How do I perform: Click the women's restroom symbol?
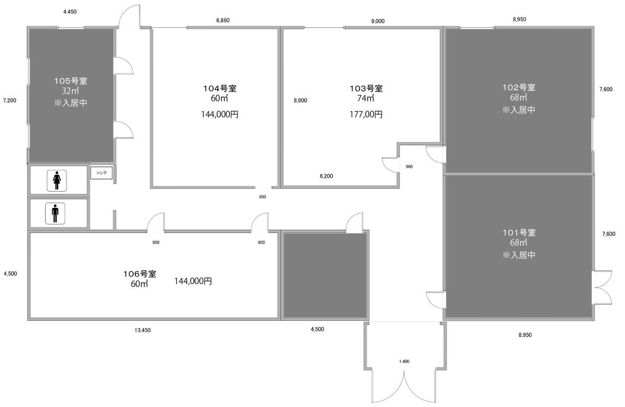(x=56, y=180)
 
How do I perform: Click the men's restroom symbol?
(x=55, y=213)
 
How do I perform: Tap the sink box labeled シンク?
(x=102, y=173)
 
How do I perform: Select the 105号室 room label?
(x=71, y=81)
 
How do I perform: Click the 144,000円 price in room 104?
(x=220, y=115)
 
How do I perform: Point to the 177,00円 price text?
(x=366, y=115)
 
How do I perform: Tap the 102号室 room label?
(x=519, y=87)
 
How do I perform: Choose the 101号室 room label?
(x=519, y=232)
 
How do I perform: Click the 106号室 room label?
(x=140, y=274)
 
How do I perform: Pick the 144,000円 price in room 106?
(x=193, y=281)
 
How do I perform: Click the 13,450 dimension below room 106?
(x=143, y=330)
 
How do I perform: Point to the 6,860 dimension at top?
(x=223, y=20)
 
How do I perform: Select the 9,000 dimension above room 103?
(x=378, y=21)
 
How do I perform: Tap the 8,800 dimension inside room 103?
(x=300, y=100)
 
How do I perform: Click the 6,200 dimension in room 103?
(x=326, y=176)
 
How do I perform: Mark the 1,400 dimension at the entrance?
(x=404, y=362)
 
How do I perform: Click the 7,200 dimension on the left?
(x=10, y=100)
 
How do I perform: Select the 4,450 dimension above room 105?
(x=70, y=12)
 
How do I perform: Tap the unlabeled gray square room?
(x=325, y=276)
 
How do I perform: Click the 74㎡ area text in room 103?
(x=365, y=98)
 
